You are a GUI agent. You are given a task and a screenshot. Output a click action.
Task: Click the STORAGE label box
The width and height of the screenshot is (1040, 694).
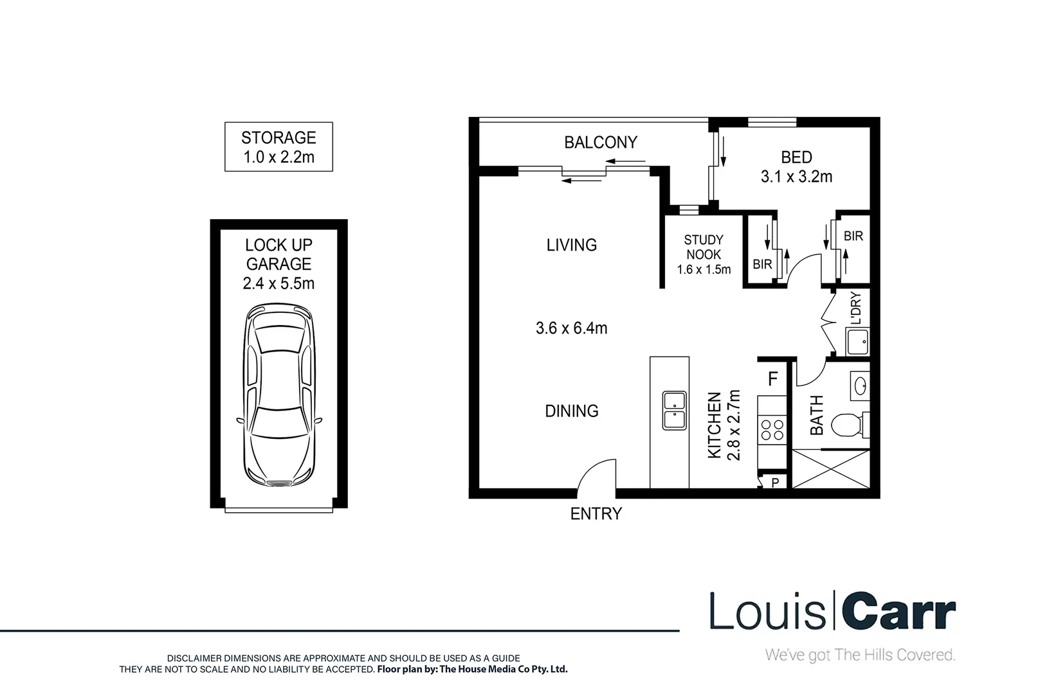[x=278, y=147]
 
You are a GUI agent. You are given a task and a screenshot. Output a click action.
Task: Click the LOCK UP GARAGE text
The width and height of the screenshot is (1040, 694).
[x=278, y=254]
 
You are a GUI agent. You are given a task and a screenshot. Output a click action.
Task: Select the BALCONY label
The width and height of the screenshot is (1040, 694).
[x=601, y=142]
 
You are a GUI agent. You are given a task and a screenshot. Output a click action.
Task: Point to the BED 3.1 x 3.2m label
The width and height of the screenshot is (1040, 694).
[x=796, y=166]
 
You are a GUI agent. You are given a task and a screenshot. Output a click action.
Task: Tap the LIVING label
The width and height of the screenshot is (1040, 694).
[x=571, y=245]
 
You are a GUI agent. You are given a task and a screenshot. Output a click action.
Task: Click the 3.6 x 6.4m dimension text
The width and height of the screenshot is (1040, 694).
[x=571, y=328]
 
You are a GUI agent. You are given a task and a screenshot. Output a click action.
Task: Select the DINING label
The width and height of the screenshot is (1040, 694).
[x=571, y=411]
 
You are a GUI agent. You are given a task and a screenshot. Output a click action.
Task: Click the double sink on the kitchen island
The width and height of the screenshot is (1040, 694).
[x=673, y=410]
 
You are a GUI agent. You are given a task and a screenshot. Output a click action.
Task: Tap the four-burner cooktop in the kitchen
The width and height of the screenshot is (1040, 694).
[x=772, y=429]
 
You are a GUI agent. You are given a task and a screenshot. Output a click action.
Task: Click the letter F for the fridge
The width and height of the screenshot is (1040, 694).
[x=773, y=379]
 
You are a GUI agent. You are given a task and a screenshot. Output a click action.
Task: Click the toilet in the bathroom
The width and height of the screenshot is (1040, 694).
[x=846, y=425]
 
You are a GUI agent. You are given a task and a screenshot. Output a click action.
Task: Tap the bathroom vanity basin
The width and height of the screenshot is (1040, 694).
[x=860, y=386]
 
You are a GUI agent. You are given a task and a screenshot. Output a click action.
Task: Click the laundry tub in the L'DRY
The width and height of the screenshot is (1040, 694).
[x=857, y=342]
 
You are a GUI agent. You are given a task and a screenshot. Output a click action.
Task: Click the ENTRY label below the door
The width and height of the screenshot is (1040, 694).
[x=596, y=513]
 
